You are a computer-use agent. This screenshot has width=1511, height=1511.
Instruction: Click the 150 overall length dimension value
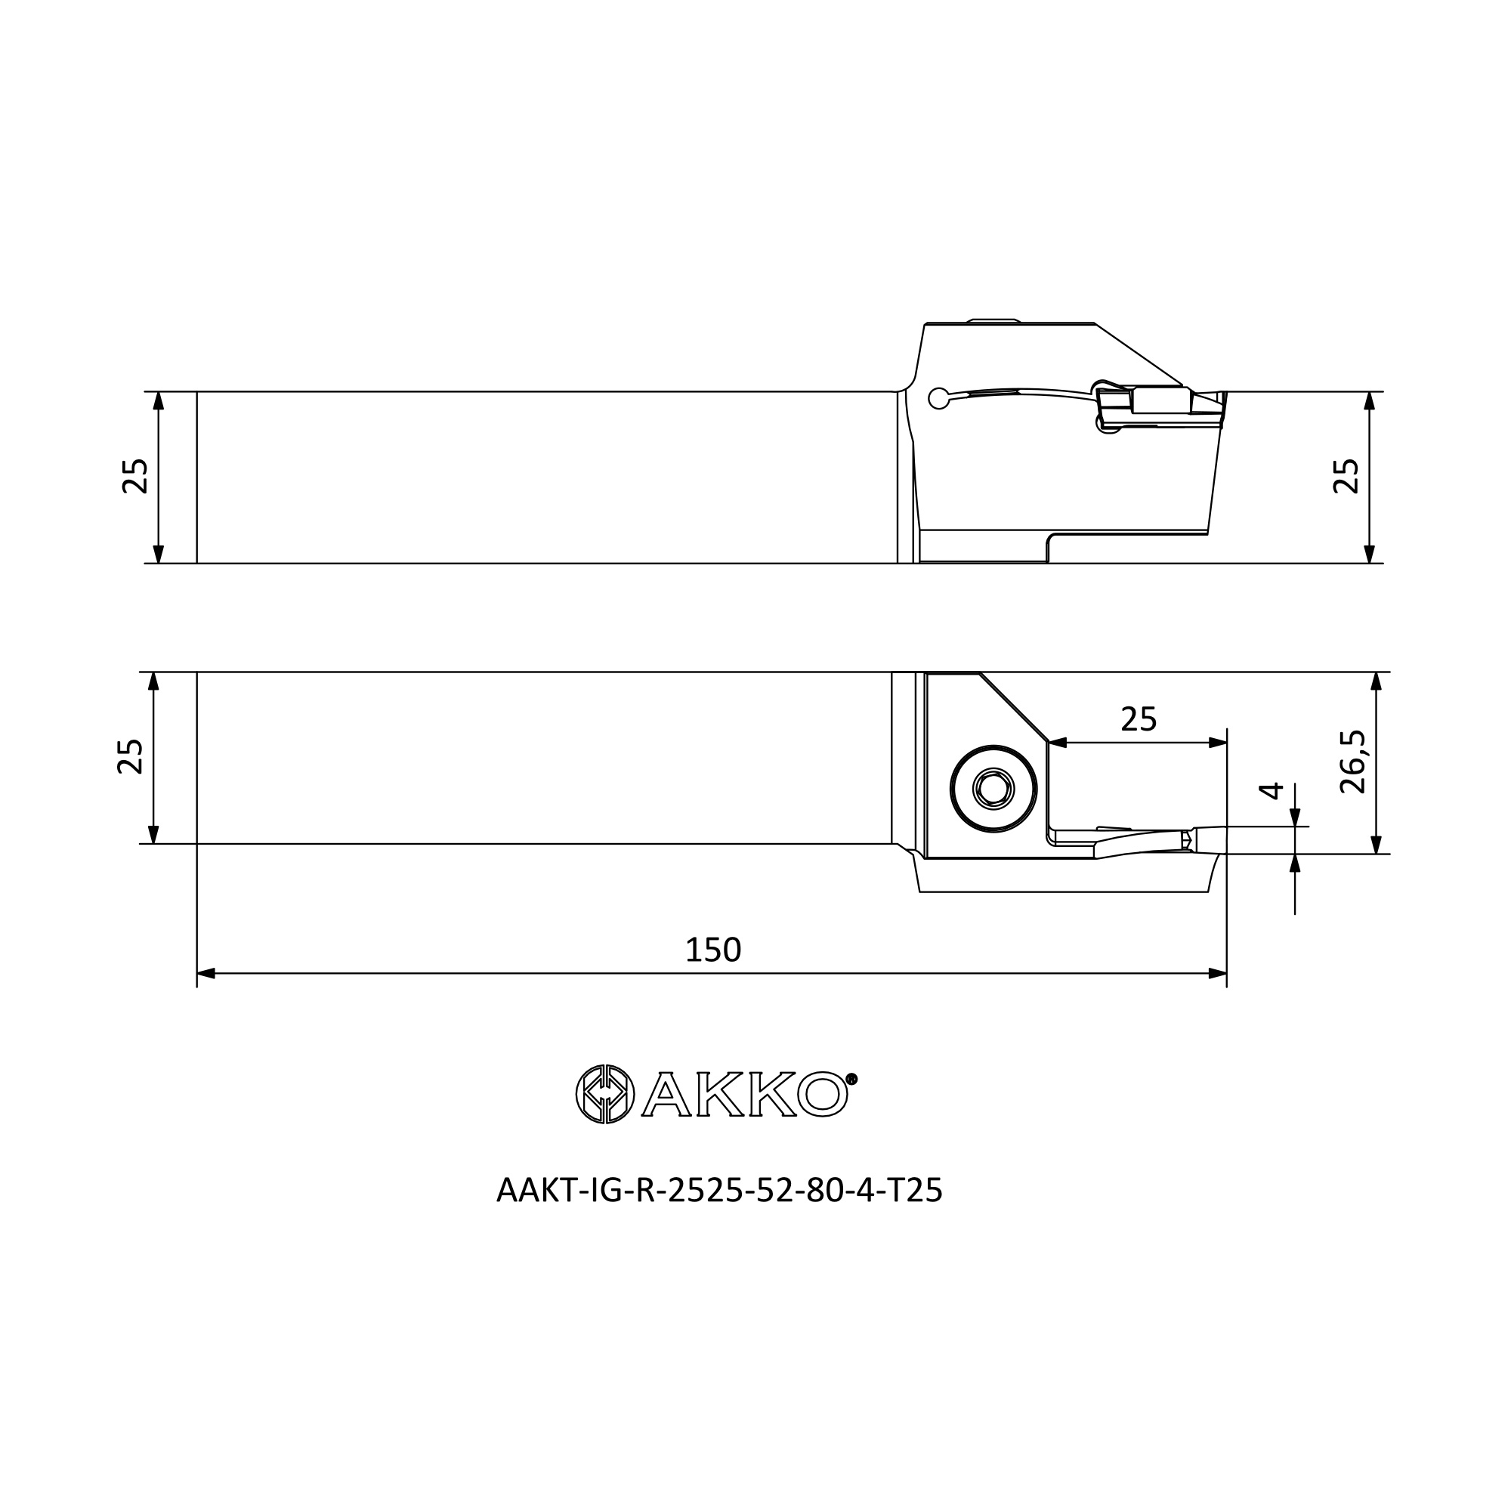point(712,950)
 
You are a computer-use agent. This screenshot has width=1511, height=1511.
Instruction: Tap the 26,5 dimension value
point(1353,761)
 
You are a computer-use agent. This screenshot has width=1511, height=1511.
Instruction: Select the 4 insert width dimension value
point(1272,790)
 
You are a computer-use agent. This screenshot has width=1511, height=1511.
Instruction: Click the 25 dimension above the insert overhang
point(1138,718)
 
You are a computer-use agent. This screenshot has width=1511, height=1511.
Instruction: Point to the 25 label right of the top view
point(1346,475)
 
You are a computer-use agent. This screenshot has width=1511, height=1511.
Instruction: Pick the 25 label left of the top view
point(134,475)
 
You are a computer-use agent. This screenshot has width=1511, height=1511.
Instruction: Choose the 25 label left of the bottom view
point(130,756)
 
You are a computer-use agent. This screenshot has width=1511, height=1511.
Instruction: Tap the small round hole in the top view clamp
point(938,399)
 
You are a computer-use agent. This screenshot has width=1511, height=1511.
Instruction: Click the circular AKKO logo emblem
point(604,1094)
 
